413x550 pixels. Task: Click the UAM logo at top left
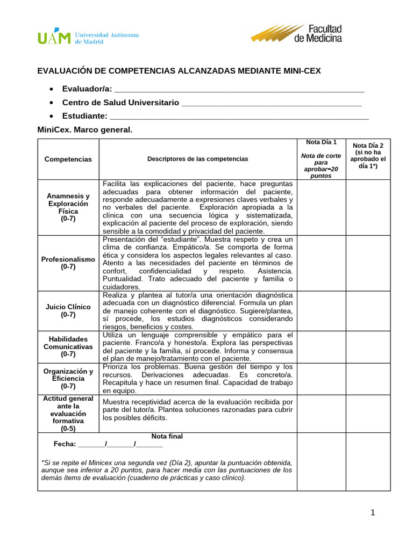point(88,37)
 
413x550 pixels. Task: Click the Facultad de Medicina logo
point(296,33)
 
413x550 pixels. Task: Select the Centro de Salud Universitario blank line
point(272,102)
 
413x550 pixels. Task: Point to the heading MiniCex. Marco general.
point(84,130)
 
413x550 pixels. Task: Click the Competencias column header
point(68,159)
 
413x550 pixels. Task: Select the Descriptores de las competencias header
point(197,159)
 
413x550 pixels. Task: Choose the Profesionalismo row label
point(68,263)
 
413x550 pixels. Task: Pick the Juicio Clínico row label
point(68,311)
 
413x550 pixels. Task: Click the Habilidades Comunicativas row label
point(68,346)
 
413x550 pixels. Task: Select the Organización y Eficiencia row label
point(68,378)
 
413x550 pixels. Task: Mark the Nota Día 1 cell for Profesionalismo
point(321,263)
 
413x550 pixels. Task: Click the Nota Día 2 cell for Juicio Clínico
point(368,311)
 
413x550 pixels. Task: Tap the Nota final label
point(167,436)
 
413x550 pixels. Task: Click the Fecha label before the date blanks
point(65,444)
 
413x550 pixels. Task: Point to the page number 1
point(372,512)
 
